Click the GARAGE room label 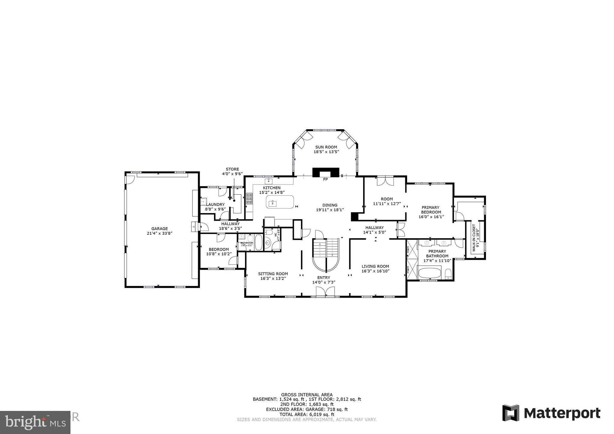pyautogui.click(x=159, y=229)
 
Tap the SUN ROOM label pyautogui.click(x=326, y=147)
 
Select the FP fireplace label pyautogui.click(x=325, y=180)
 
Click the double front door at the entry pyautogui.click(x=325, y=292)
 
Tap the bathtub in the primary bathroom pyautogui.click(x=430, y=273)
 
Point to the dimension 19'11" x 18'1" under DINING pyautogui.click(x=330, y=210)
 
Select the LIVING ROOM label pyautogui.click(x=375, y=266)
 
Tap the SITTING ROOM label pyautogui.click(x=273, y=274)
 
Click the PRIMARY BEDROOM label pyautogui.click(x=431, y=210)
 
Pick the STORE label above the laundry pyautogui.click(x=232, y=169)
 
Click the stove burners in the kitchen pyautogui.click(x=249, y=199)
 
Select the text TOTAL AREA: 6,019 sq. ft pyautogui.click(x=307, y=415)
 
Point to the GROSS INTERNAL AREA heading pyautogui.click(x=307, y=395)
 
